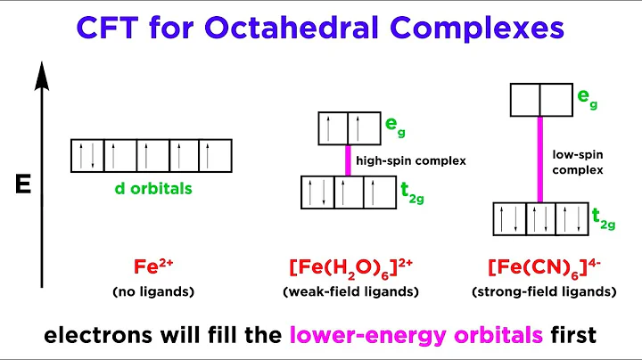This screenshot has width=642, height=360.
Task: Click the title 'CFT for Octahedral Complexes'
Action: coord(321,29)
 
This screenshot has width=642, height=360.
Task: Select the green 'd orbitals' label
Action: coord(152,188)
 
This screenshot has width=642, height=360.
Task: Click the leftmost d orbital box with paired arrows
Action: coord(88,156)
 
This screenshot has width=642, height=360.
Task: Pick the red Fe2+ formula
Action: coord(150,266)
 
